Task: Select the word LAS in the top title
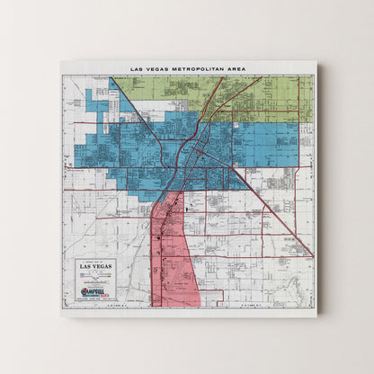(x=136, y=68)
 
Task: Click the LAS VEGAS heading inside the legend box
(x=96, y=267)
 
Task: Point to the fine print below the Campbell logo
(x=96, y=299)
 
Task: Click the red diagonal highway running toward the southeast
(x=279, y=216)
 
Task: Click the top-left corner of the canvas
(x=61, y=61)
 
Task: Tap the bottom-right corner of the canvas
(x=316, y=316)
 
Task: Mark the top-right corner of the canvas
(x=316, y=61)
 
